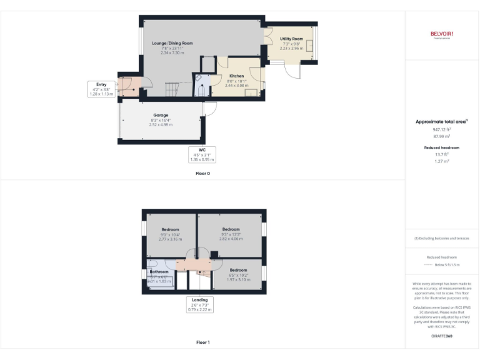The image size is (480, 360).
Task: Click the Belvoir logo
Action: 441,34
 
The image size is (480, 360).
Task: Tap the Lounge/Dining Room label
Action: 172,43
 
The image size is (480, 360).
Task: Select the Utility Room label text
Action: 291,39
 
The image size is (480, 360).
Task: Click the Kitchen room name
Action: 236,76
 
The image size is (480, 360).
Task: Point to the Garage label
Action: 161,116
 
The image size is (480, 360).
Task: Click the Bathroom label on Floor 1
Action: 159,272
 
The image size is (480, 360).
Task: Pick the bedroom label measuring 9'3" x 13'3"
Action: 231,229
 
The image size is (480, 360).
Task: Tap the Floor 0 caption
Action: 202,173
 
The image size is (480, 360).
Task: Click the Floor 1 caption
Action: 202,342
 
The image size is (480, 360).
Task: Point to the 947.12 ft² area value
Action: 441,130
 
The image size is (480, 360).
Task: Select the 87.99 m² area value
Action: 441,136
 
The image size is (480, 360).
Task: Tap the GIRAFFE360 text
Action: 441,336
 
